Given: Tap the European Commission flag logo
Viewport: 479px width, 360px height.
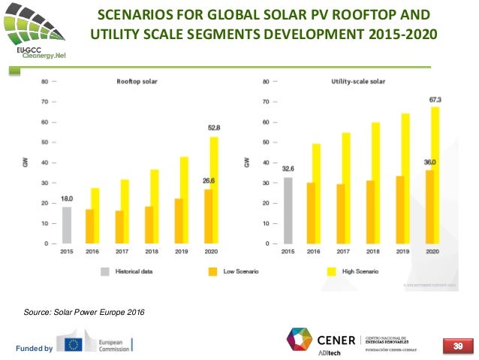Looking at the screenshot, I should click(x=74, y=345).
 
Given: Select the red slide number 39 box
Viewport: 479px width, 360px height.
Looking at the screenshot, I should click(x=456, y=345).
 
